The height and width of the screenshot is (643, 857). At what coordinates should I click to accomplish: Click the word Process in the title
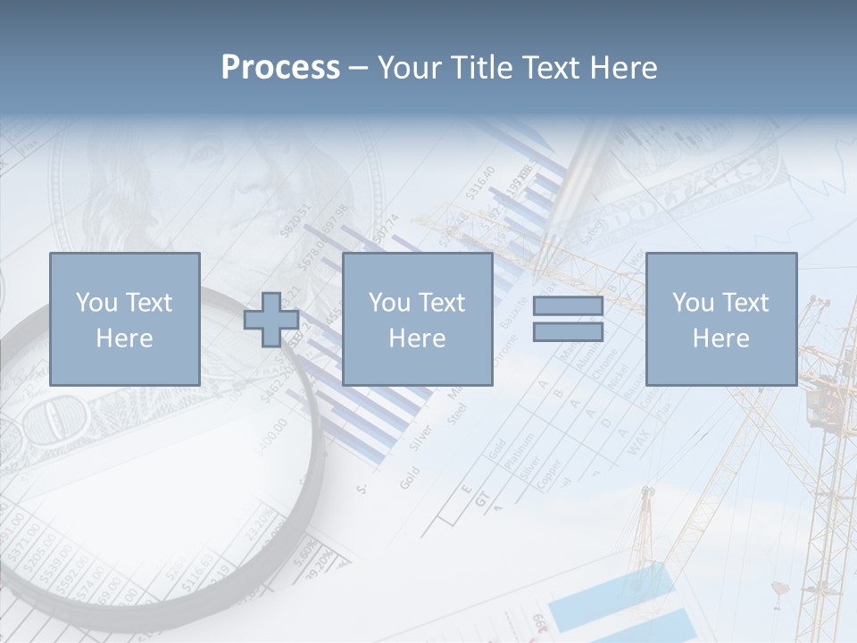[x=280, y=67]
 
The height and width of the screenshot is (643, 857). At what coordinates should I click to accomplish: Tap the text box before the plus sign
[x=124, y=319]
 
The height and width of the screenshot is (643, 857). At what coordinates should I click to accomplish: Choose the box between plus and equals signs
[x=417, y=319]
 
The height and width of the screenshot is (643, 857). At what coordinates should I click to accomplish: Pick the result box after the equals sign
[x=720, y=319]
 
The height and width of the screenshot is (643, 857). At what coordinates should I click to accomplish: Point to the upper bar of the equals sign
[x=568, y=305]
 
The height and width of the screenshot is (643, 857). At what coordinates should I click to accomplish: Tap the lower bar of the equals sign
[x=568, y=331]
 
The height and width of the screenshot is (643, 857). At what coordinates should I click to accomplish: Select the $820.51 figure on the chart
[x=295, y=220]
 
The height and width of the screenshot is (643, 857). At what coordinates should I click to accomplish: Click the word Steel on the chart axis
[x=457, y=413]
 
